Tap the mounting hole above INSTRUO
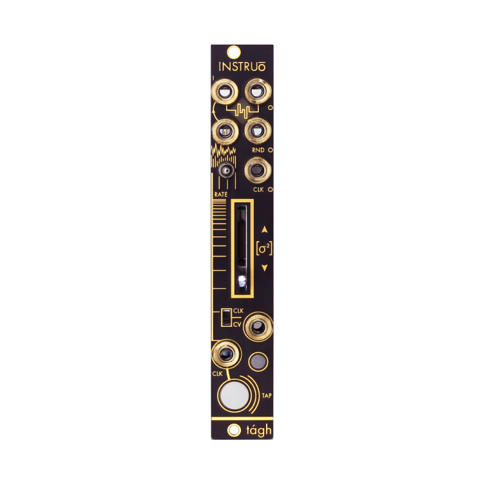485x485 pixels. [x=234, y=52]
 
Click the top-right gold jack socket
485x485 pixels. [x=258, y=91]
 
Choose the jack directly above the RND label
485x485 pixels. [x=258, y=130]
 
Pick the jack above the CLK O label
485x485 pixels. [x=258, y=170]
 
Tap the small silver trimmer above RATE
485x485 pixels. [x=225, y=170]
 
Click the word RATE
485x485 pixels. [x=220, y=193]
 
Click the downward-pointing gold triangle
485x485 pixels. [x=263, y=267]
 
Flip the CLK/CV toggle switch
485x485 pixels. [x=225, y=318]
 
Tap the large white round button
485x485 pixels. [x=233, y=395]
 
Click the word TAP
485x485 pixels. [x=266, y=395]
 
